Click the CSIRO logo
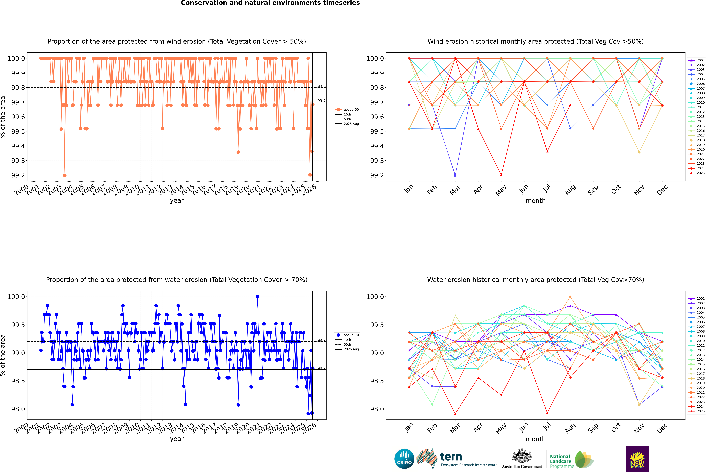pos(404,459)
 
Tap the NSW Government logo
pos(637,459)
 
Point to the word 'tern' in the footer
pos(451,457)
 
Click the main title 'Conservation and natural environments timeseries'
pos(270,3)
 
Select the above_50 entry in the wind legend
pos(351,110)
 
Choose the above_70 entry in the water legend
pos(351,335)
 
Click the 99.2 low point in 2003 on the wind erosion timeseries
pos(65,175)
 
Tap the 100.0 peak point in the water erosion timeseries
pos(257,297)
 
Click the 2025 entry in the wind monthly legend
pos(700,173)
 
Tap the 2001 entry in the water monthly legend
pos(700,299)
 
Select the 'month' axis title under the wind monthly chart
pos(535,201)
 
